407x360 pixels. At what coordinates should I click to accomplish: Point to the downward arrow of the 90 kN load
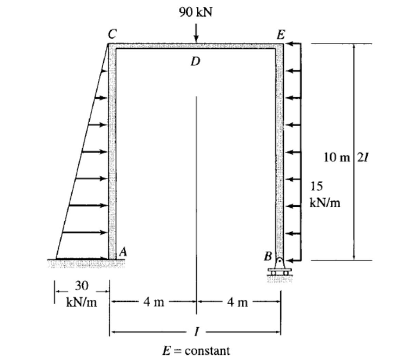(x=196, y=35)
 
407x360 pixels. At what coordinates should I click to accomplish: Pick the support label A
(x=123, y=251)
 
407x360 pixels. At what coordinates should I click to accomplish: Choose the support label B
(x=268, y=257)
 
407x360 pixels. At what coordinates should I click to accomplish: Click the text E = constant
(x=196, y=349)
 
